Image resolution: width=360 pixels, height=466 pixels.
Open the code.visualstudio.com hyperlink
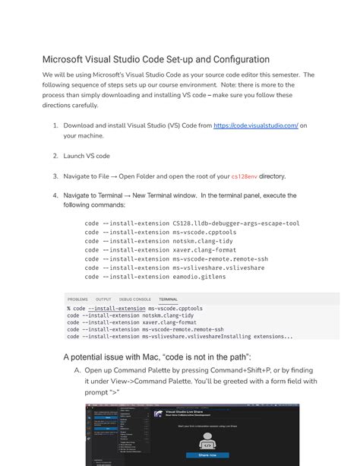point(256,125)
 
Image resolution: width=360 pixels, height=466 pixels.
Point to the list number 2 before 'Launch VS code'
point(55,156)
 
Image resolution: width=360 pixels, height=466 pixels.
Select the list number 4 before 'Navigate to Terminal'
point(55,195)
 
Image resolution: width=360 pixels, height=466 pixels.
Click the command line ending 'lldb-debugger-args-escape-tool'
point(192,223)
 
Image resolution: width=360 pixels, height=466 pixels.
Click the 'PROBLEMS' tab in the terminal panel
point(77,300)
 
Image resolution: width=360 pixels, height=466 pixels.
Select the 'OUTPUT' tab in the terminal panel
point(103,300)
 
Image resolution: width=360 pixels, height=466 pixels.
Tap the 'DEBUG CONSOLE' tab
point(135,300)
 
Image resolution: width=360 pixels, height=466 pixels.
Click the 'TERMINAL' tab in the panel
point(168,300)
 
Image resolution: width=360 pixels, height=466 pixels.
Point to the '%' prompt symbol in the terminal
point(69,309)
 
